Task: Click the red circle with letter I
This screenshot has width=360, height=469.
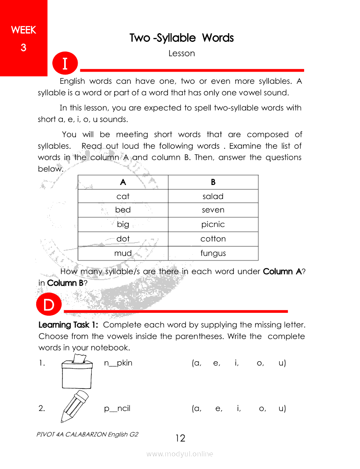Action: [65, 63]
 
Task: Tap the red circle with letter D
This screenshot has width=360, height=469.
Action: [49, 305]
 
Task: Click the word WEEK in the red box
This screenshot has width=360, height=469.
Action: [24, 30]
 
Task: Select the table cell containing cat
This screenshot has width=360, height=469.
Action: [123, 196]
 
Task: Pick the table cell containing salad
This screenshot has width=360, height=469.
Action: [213, 196]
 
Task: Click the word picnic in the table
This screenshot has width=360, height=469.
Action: [213, 224]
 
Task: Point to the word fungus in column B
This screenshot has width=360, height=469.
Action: [213, 253]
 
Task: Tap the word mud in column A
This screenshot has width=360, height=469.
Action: [123, 253]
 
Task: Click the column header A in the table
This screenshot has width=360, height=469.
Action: [123, 182]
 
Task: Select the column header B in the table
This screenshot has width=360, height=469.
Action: [213, 182]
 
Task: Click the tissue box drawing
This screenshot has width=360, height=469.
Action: [77, 372]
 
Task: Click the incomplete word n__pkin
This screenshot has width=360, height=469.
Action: [118, 363]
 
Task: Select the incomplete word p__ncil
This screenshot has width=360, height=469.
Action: [117, 408]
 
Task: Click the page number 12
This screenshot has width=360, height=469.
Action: [180, 438]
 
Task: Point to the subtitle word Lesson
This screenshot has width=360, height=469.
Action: [182, 53]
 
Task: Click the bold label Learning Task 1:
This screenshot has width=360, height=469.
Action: [68, 325]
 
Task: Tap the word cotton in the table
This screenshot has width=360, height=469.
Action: [213, 239]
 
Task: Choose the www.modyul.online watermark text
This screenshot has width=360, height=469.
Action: [180, 454]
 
